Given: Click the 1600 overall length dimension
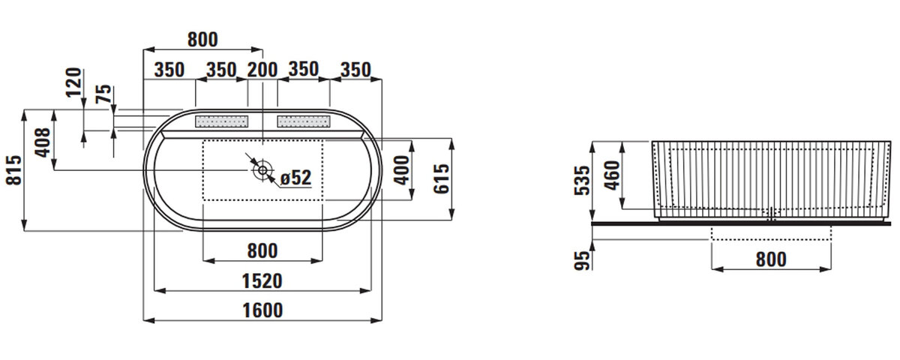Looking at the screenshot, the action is pyautogui.click(x=262, y=310).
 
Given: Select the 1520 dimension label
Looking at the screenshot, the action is pyautogui.click(x=262, y=280).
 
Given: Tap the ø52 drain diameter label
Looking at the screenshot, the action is pyautogui.click(x=295, y=178).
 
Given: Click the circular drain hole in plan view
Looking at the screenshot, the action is pyautogui.click(x=262, y=170).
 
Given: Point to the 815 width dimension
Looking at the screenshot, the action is pyautogui.click(x=14, y=170).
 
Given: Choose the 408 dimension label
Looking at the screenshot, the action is pyautogui.click(x=43, y=142).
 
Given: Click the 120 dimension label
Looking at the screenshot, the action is pyautogui.click(x=73, y=82).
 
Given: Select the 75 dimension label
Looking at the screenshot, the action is pyautogui.click(x=103, y=94).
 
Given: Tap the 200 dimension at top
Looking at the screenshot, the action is pyautogui.click(x=262, y=70).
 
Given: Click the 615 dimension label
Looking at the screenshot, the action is pyautogui.click(x=441, y=178).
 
